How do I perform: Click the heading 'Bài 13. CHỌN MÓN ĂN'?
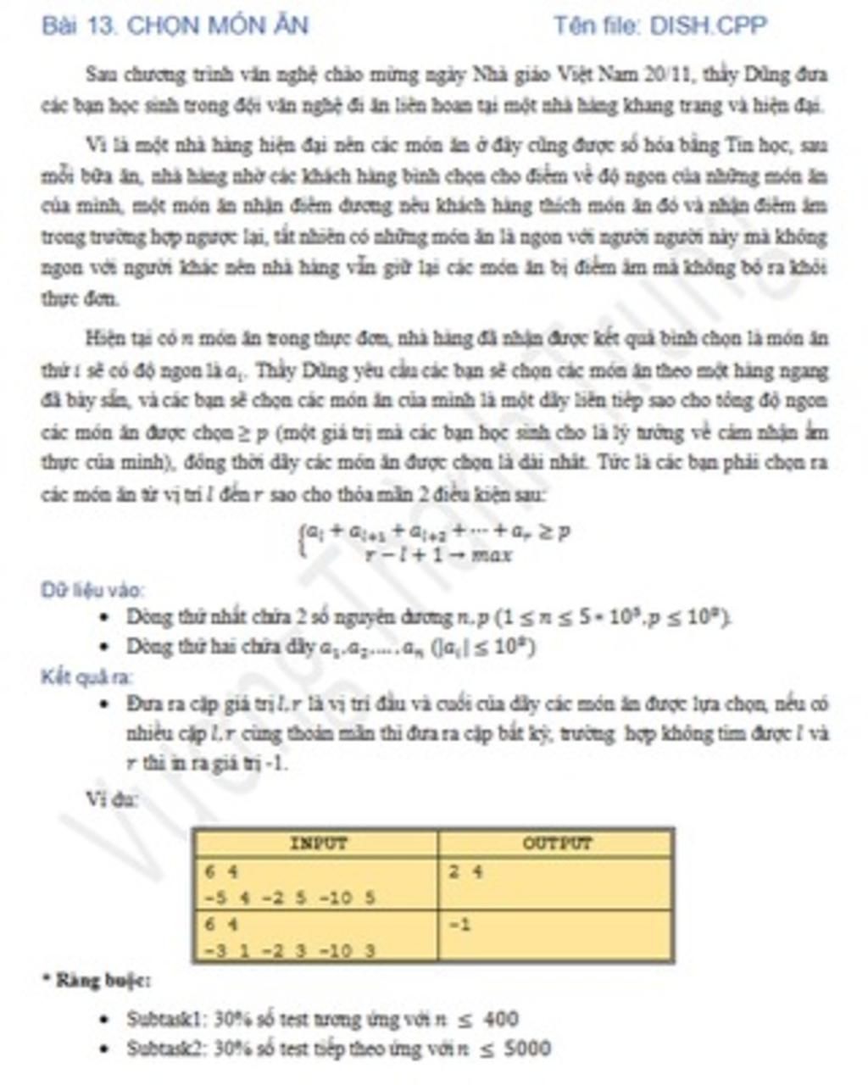click(175, 25)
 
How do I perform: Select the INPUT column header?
click(317, 843)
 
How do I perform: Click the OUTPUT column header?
click(557, 843)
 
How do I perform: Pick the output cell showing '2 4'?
click(465, 871)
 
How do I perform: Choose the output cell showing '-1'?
click(459, 924)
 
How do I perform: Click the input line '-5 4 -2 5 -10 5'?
click(288, 897)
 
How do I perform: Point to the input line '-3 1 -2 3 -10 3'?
click(288, 950)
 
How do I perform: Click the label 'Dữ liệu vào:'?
click(92, 589)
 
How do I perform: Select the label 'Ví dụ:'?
click(112, 798)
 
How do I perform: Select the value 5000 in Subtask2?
click(526, 1049)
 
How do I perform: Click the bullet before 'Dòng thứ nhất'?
click(104, 617)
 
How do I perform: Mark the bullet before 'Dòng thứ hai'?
click(104, 648)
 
